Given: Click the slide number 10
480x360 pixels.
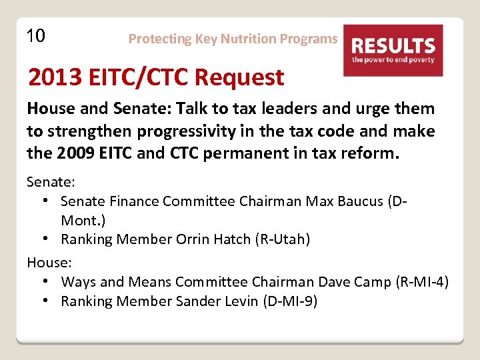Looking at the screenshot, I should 36,35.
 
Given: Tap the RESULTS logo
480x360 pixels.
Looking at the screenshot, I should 393,51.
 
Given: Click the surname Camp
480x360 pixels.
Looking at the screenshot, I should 371,282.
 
